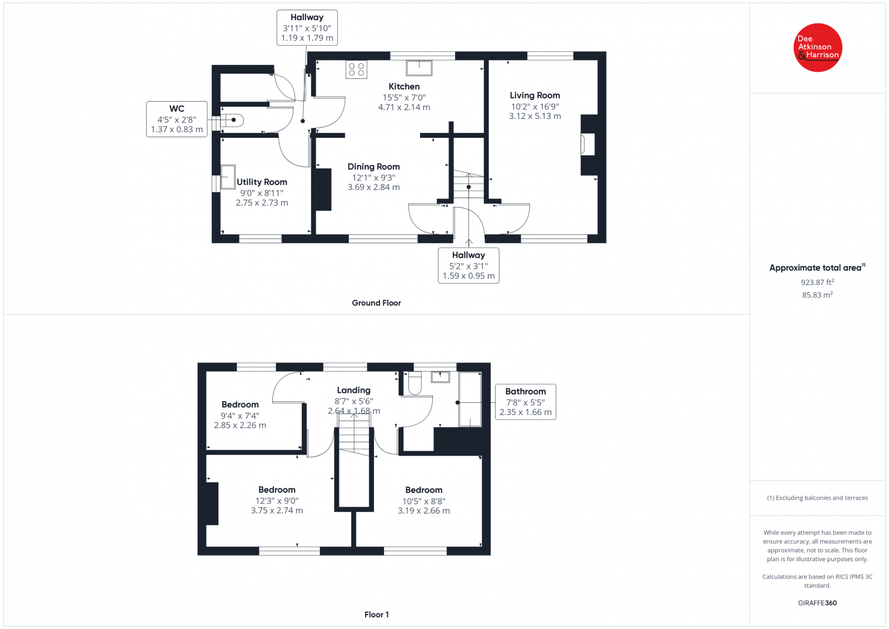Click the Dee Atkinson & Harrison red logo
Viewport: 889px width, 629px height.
click(x=817, y=47)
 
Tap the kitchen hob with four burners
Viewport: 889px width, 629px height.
click(x=356, y=69)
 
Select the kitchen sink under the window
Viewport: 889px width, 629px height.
click(x=419, y=68)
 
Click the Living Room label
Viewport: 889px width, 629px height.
click(x=535, y=96)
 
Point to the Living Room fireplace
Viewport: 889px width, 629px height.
click(x=587, y=144)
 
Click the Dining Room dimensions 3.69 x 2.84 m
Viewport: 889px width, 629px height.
click(x=373, y=187)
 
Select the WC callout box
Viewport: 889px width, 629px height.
click(x=177, y=119)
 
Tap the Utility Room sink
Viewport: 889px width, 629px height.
click(x=228, y=177)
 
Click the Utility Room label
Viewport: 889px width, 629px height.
click(x=262, y=182)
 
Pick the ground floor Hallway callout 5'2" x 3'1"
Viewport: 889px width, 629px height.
click(x=468, y=266)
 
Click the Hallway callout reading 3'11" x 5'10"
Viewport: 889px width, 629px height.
click(x=307, y=28)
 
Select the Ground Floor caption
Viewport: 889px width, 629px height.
click(x=376, y=303)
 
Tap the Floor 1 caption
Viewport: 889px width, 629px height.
click(x=376, y=615)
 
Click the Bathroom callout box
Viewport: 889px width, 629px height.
click(x=525, y=402)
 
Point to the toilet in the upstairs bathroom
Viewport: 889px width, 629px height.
click(x=414, y=383)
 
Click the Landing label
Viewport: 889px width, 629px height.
click(x=353, y=391)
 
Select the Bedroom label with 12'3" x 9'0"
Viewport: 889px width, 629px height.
click(x=277, y=490)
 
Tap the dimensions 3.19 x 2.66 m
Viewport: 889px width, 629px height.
click(x=423, y=511)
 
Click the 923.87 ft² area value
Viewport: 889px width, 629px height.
click(x=817, y=282)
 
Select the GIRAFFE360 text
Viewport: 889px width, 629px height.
click(x=817, y=603)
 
